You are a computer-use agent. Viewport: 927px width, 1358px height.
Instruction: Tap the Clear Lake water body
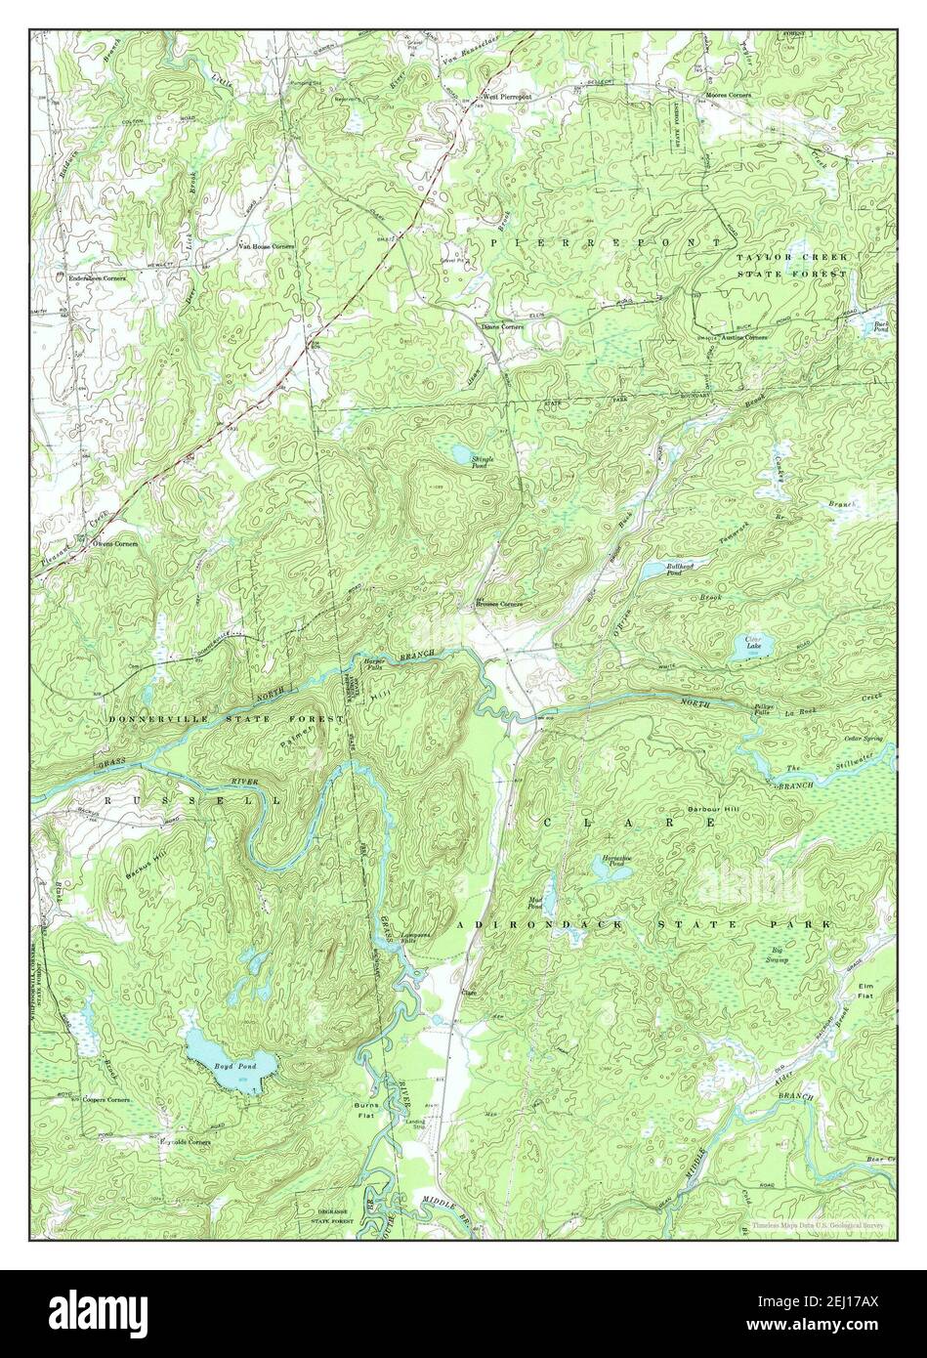[754, 645]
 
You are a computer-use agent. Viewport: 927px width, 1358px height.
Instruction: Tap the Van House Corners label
[267, 246]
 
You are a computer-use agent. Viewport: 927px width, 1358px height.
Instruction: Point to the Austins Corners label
[741, 337]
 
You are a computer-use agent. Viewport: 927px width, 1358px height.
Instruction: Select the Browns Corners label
[499, 604]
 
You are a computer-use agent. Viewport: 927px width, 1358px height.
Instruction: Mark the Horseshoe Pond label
[613, 861]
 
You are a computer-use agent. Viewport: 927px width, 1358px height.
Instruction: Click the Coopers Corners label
[105, 1100]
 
